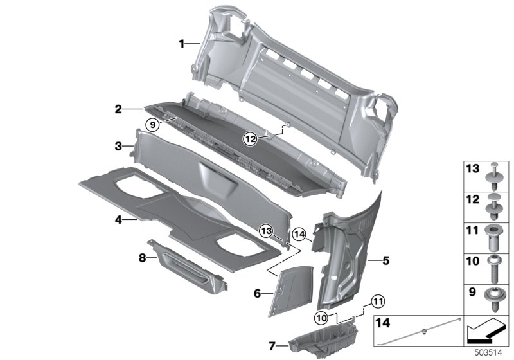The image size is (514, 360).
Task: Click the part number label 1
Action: click(x=182, y=44)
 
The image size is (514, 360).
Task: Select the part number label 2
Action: click(x=118, y=110)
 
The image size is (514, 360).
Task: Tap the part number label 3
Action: click(x=118, y=147)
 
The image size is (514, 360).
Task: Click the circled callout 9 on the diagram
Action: click(x=151, y=125)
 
